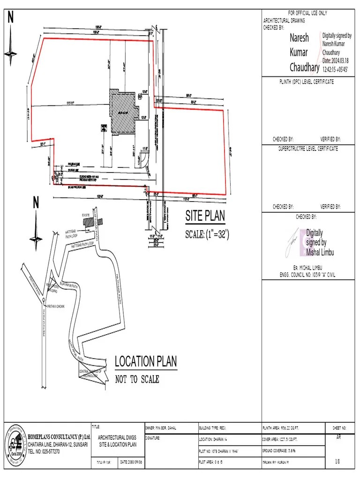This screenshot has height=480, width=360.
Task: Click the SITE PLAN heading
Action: (205, 216)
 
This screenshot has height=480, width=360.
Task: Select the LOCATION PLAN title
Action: (146, 361)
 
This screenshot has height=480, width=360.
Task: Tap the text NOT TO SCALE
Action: (137, 379)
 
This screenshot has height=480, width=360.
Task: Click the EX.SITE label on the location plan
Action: (85, 215)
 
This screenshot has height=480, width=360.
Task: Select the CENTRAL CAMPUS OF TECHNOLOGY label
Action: (90, 374)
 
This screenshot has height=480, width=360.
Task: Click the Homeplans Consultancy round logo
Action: (15, 444)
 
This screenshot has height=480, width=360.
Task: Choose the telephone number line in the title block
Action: (44, 451)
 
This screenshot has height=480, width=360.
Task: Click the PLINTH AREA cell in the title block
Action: (293, 428)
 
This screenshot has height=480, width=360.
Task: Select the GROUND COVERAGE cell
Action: (293, 450)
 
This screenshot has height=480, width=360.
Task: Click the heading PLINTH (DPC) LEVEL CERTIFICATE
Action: (306, 82)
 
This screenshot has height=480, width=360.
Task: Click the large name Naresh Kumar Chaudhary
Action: (303, 52)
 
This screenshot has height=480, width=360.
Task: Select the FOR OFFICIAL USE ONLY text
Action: (307, 13)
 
